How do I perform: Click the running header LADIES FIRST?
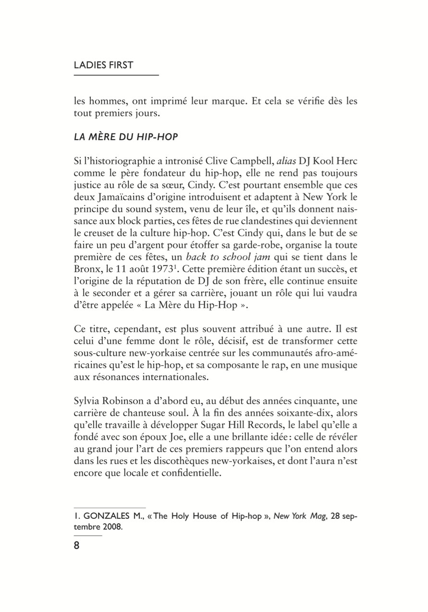(103, 65)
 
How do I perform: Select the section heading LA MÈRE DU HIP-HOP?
(126, 137)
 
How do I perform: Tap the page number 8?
(77, 546)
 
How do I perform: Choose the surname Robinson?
(127, 401)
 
